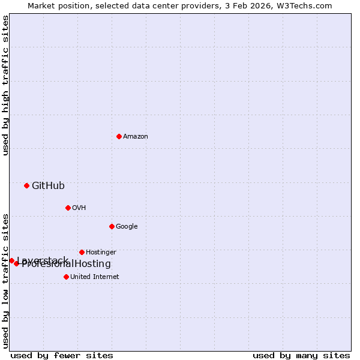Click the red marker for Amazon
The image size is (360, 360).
pos(119,136)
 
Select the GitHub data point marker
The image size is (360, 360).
pos(26,185)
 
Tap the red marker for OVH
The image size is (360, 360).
pos(68,208)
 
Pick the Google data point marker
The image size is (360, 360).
pos(112,226)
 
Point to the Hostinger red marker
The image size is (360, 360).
pos(82,252)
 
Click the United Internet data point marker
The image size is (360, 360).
pos(66,277)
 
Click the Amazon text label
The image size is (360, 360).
pos(136,137)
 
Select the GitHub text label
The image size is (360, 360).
pos(48,186)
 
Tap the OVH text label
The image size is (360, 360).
pos(79,208)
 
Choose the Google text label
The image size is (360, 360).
pos(127,227)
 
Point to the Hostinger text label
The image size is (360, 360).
pos(101,253)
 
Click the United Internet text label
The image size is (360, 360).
pos(95,277)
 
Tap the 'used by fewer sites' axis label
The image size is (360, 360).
pos(62,355)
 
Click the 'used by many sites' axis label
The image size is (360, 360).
pos(301,355)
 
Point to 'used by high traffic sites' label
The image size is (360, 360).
pos(5,85)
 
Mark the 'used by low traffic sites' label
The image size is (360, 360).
pos(5,280)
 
